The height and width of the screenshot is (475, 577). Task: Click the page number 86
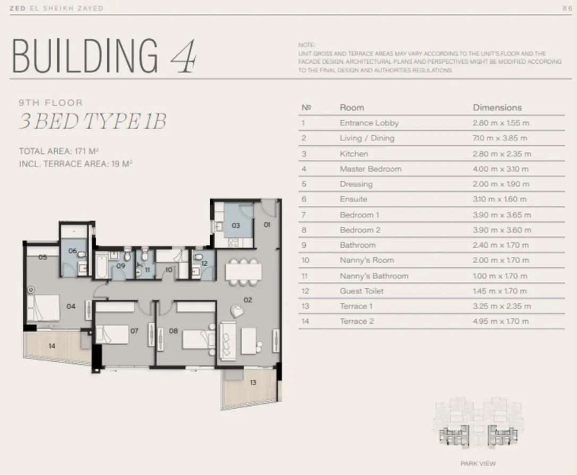pyautogui.click(x=566, y=9)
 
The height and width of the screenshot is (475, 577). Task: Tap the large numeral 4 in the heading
pyautogui.click(x=183, y=56)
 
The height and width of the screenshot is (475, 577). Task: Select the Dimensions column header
pyautogui.click(x=497, y=107)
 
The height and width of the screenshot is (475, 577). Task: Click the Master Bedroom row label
pyautogui.click(x=371, y=169)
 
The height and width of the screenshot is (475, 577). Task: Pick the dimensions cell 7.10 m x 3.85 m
pyautogui.click(x=500, y=138)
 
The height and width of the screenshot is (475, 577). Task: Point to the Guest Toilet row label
pyautogui.click(x=361, y=291)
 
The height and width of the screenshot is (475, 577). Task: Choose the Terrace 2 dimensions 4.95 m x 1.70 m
pyautogui.click(x=501, y=321)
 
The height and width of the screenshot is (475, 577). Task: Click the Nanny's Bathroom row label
pyautogui.click(x=374, y=276)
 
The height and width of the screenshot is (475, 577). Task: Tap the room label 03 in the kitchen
pyautogui.click(x=236, y=225)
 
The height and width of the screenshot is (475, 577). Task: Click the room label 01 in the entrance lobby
pyautogui.click(x=267, y=225)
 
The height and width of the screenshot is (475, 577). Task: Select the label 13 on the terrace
pyautogui.click(x=253, y=383)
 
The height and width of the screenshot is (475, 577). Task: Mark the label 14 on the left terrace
pyautogui.click(x=51, y=346)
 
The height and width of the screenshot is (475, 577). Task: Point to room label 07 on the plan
pyautogui.click(x=134, y=331)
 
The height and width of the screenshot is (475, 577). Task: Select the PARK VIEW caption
pyautogui.click(x=478, y=463)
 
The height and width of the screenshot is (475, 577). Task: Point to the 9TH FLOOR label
pyautogui.click(x=50, y=103)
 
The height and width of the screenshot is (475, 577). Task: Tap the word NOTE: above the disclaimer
pyautogui.click(x=306, y=45)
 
